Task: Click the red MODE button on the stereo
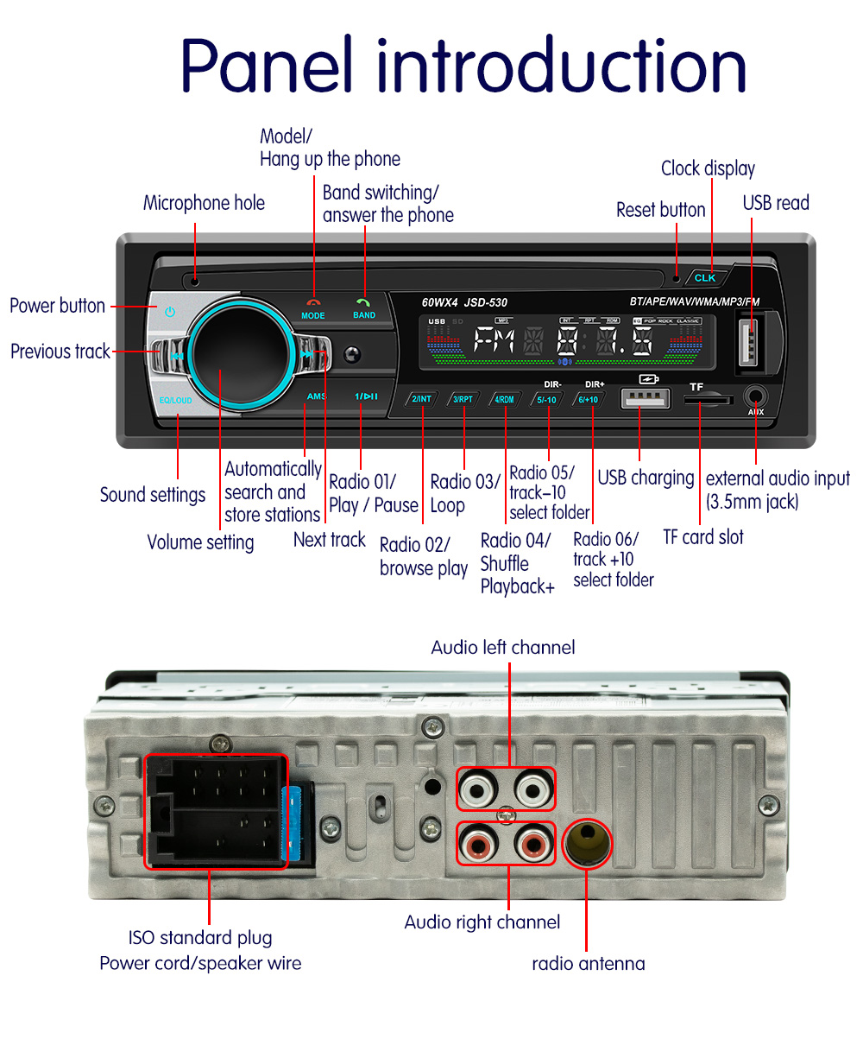[x=313, y=309]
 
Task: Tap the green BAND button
[x=364, y=309]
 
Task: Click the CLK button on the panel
[x=705, y=277]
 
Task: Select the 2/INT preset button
[x=422, y=399]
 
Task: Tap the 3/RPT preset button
[x=463, y=399]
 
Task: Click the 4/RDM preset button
[x=504, y=399]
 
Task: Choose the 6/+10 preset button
[x=589, y=399]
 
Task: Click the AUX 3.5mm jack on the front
[x=756, y=397]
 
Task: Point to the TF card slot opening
[x=708, y=400]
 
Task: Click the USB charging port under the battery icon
[x=645, y=398]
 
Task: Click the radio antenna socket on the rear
[x=587, y=843]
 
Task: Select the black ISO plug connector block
[x=215, y=811]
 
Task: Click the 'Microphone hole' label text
[x=204, y=203]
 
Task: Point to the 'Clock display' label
[x=708, y=168]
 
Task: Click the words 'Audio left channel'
[x=502, y=648]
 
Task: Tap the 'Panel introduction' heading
[x=463, y=66]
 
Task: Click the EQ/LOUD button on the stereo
[x=176, y=401]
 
